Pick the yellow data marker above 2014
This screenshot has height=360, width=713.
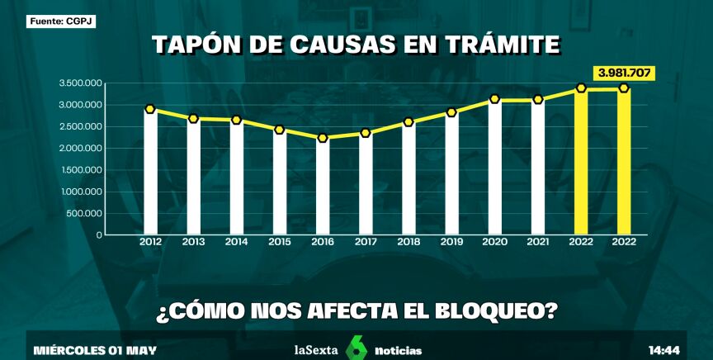[x=236, y=121]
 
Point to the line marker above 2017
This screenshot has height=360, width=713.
[x=366, y=133]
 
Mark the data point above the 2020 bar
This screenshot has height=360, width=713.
[x=494, y=99]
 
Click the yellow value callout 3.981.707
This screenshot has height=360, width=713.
[x=624, y=73]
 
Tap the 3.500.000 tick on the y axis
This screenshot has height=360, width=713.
[x=80, y=83]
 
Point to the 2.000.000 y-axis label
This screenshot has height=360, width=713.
[x=80, y=149]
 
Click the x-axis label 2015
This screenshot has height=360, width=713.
[x=279, y=242]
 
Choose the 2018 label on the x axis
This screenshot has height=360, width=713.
[x=408, y=242]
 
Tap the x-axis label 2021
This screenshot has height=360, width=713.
[x=537, y=242]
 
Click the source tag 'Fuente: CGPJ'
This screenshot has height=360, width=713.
[x=60, y=21]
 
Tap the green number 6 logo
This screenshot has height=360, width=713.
[x=356, y=348]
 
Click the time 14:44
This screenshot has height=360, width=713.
[x=664, y=350]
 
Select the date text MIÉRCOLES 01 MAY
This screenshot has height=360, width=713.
[x=94, y=350]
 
